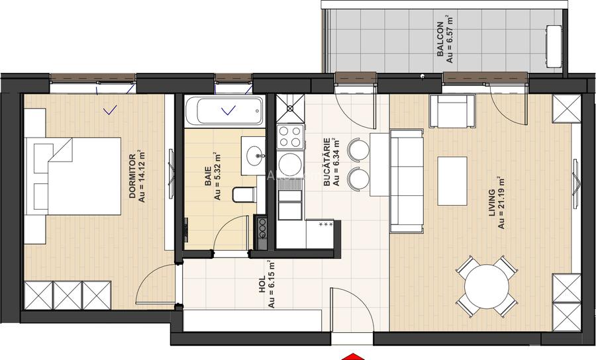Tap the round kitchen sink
[x=289, y=161]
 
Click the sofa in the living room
[x=406, y=181]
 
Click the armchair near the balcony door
[x=453, y=112]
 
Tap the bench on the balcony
[x=552, y=46]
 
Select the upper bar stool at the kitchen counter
[x=358, y=149]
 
